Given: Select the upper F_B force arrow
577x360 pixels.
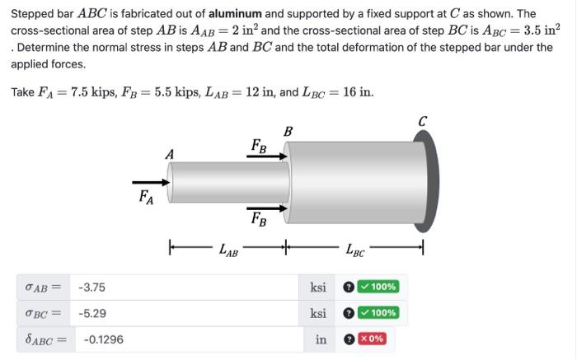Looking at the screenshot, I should coord(272,155).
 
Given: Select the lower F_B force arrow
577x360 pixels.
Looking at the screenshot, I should coord(272,207).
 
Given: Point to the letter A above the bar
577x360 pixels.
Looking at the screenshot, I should coord(170,153).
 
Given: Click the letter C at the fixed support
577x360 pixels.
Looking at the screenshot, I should coord(422,121).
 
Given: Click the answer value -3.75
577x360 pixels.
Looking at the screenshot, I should coord(91,288).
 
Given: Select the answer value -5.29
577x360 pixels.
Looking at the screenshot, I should coord(91,313).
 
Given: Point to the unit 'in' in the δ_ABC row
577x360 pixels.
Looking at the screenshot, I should coord(321,339).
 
